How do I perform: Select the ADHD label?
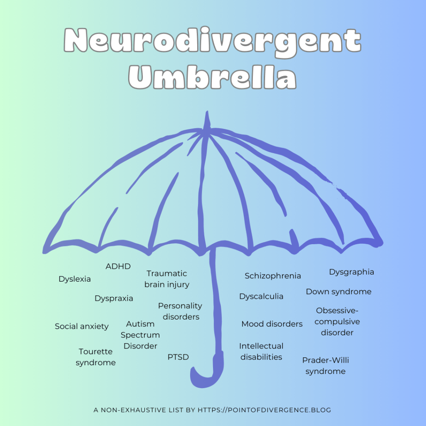point(118,266)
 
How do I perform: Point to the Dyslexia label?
point(74,279)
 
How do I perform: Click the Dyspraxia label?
point(114,298)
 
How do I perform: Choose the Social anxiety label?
point(82,326)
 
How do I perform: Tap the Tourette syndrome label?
point(96,357)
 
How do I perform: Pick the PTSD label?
point(178,357)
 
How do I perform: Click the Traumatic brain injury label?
point(167,279)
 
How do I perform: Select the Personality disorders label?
point(180,311)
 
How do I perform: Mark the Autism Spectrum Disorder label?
point(140,335)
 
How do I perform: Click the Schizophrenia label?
point(272,276)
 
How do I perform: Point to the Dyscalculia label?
point(261,296)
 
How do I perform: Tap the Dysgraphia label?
point(352,272)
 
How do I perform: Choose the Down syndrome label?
point(339,292)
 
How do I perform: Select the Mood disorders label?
point(272,324)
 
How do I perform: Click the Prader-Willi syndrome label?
point(325,366)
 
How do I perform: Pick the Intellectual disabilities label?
point(261,352)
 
